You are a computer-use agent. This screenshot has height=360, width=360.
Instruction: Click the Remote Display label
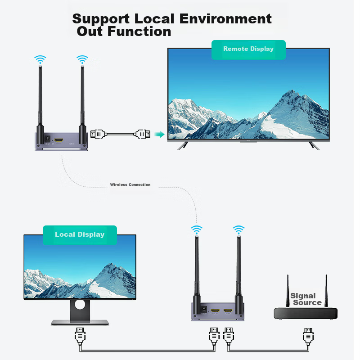248,49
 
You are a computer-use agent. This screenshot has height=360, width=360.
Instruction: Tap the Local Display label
80,234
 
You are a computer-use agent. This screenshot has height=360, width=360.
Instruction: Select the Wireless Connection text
130,185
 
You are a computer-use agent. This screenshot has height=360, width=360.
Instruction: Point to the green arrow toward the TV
159,134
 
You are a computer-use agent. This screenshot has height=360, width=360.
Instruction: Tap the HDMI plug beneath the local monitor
80,336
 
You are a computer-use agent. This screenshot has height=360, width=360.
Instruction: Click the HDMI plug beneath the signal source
308,336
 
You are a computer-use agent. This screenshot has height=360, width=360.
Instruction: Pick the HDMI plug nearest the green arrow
144,134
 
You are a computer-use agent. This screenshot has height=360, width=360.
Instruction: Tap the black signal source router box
306,314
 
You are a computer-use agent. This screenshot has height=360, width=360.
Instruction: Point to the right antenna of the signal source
325,290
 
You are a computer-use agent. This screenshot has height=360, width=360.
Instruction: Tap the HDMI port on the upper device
58,141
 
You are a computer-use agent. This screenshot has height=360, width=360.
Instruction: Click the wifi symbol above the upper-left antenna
40,59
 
